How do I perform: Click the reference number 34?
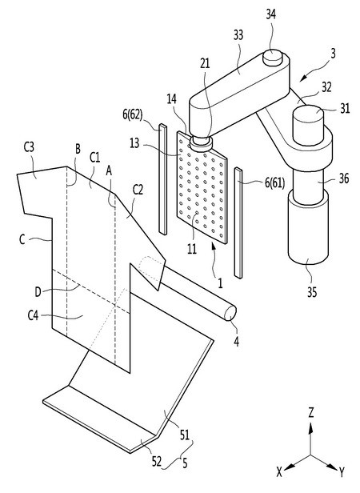[270, 14]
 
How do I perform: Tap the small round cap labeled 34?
[272, 58]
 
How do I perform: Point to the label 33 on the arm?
[238, 35]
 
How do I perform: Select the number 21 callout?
[205, 63]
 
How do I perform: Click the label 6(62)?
[132, 114]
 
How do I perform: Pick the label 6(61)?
[274, 182]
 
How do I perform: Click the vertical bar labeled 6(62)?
[163, 179]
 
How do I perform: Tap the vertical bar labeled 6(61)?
[238, 223]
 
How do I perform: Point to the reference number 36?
[344, 178]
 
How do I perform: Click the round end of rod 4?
[230, 313]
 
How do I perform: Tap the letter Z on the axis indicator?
[311, 412]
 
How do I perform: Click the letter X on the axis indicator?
[279, 472]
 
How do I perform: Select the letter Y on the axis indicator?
[342, 472]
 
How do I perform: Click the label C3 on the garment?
[29, 147]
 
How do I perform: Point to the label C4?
[33, 315]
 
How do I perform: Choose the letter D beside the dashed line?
[38, 292]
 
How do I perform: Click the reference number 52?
[156, 462]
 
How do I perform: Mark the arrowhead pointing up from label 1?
[214, 248]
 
